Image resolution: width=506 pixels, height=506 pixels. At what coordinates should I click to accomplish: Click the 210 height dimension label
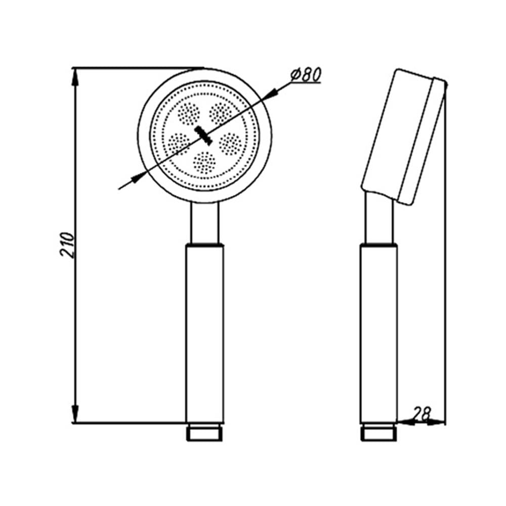point(67,244)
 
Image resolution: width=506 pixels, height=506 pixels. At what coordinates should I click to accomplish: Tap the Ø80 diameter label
point(306,75)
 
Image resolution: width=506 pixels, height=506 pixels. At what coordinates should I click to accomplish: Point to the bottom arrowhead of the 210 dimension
point(75,414)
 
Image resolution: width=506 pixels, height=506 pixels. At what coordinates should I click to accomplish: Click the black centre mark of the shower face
point(203,135)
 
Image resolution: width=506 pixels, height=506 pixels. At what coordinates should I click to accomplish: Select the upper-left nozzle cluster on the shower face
point(189,113)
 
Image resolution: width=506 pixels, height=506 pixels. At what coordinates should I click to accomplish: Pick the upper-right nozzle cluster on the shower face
point(221,113)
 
